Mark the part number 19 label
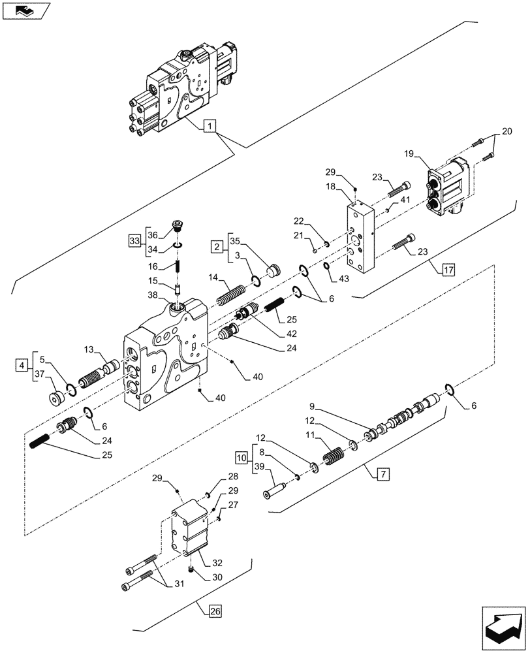[410, 155]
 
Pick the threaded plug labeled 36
[178, 227]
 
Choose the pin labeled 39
[276, 486]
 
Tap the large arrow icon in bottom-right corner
[502, 626]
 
